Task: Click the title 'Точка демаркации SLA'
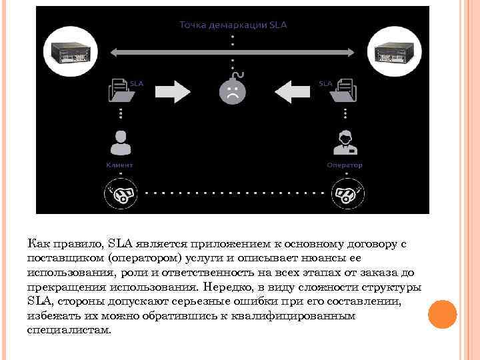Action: [233, 25]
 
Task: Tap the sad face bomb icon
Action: [233, 91]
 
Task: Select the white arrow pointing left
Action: [291, 91]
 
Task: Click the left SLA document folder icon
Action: [121, 90]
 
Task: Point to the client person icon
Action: [120, 143]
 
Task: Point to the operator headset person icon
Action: [345, 143]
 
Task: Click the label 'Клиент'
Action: [120, 165]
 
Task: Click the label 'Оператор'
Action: [345, 165]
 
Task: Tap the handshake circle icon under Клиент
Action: [120, 194]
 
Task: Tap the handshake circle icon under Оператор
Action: [345, 194]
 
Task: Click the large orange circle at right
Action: [442, 314]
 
